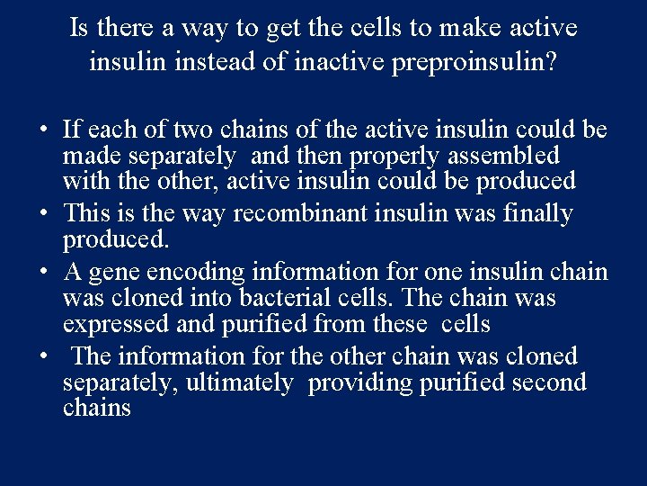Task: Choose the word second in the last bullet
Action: coord(548,383)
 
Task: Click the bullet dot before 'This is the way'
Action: coord(44,214)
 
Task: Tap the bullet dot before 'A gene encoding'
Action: coord(44,272)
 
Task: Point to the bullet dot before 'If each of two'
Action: coord(44,130)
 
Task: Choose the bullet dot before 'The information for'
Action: coord(44,356)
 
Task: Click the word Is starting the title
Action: coord(79,29)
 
